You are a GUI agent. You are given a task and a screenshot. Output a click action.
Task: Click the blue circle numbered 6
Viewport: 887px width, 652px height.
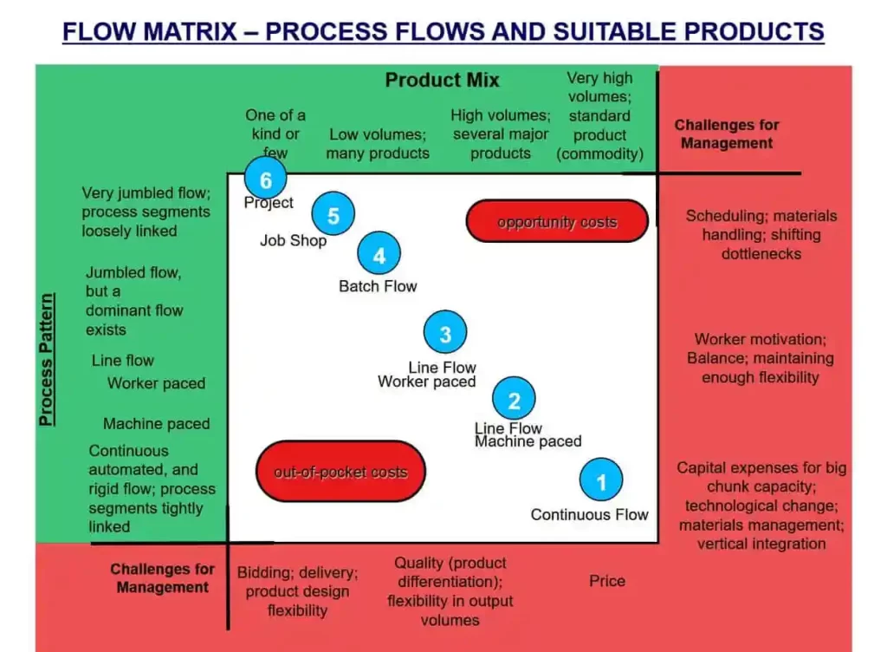click(266, 179)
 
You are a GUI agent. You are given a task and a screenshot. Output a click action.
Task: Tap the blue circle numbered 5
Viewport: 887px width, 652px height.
click(333, 214)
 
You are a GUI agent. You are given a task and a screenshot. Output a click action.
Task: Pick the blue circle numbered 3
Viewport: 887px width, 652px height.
click(445, 332)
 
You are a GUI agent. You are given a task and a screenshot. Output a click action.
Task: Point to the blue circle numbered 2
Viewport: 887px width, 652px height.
click(514, 399)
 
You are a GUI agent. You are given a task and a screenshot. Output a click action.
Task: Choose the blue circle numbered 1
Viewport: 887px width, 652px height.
click(601, 480)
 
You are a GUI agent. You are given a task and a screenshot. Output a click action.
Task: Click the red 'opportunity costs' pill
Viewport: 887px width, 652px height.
click(557, 221)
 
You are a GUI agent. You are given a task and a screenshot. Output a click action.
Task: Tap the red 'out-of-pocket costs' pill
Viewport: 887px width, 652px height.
click(340, 472)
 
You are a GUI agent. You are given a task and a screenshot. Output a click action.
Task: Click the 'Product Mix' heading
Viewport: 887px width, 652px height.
click(443, 80)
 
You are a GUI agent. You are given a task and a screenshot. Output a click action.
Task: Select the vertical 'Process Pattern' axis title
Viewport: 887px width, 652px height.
click(47, 360)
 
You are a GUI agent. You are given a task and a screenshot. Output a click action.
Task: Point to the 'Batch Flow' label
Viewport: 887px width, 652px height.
click(378, 286)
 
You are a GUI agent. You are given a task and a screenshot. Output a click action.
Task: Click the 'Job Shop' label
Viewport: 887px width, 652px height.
click(293, 240)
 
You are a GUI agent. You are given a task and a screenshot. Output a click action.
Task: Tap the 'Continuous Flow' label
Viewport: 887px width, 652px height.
click(589, 514)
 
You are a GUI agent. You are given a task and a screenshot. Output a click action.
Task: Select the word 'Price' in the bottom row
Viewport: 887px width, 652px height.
click(607, 581)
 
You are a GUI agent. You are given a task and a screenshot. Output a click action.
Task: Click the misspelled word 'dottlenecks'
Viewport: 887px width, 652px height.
click(761, 253)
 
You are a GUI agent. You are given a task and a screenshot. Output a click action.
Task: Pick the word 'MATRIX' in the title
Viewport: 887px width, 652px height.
click(190, 32)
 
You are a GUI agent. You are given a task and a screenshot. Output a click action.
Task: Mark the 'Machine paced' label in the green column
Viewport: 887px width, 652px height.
click(156, 423)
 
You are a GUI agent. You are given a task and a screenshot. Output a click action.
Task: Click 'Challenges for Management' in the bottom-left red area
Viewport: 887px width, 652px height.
click(162, 577)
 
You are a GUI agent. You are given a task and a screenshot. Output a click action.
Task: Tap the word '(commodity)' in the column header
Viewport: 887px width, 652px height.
click(599, 154)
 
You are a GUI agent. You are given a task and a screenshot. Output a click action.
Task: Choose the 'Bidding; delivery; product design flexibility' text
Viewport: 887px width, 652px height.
click(298, 591)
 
